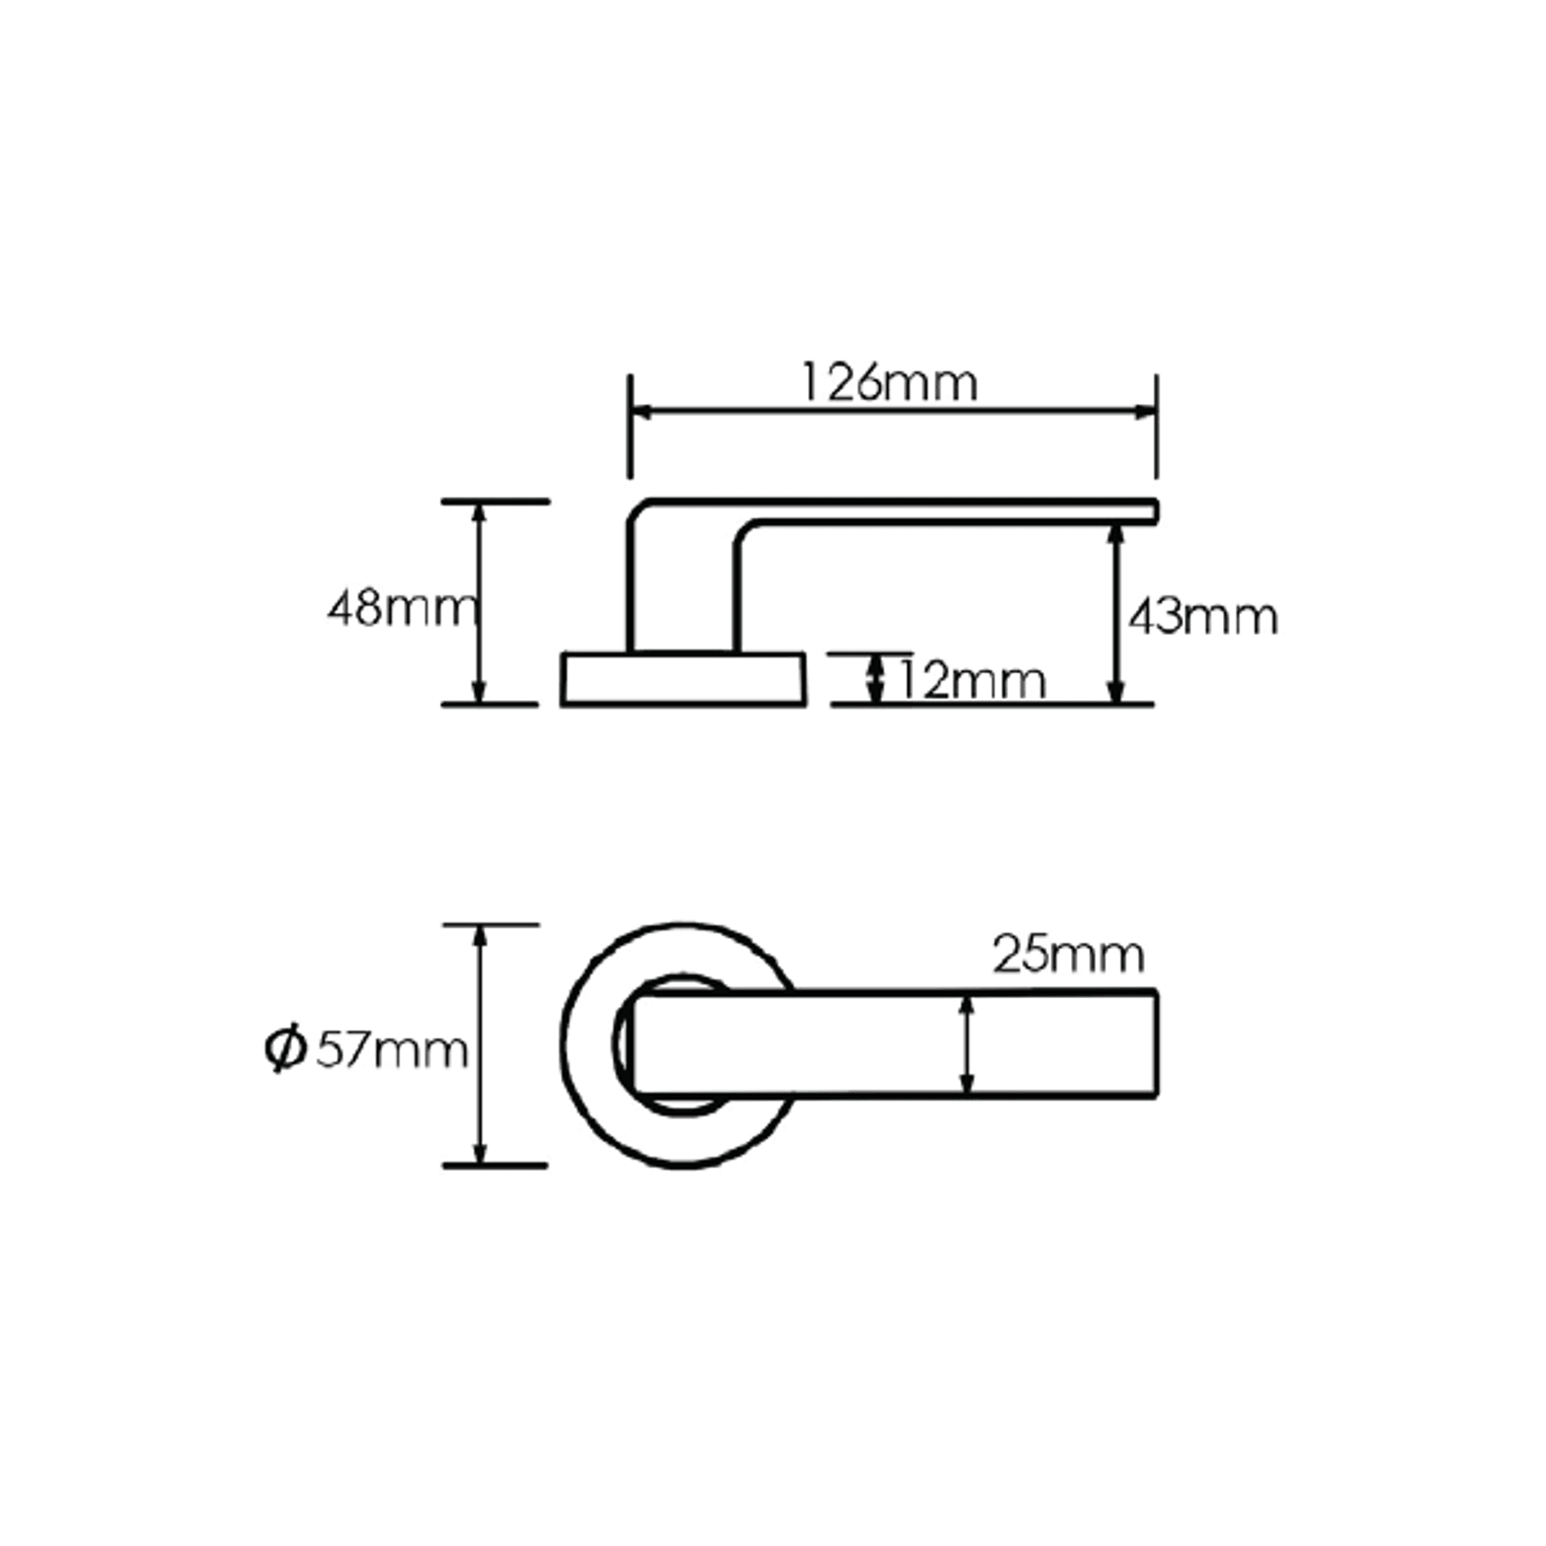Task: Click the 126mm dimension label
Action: (x=887, y=383)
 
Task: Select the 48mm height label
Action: (x=401, y=609)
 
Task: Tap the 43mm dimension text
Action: (x=1203, y=616)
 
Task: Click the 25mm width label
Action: (x=1068, y=955)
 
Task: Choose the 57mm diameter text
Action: (x=392, y=1050)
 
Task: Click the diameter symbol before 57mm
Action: (x=285, y=1049)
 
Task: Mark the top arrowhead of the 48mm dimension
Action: (x=478, y=513)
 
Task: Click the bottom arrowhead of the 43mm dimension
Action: (x=1115, y=694)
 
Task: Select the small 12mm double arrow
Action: (x=875, y=678)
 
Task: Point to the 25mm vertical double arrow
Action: (x=967, y=1044)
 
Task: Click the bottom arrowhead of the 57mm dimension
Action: (x=479, y=1154)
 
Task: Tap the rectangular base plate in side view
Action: (x=683, y=680)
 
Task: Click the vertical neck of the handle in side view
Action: (x=683, y=590)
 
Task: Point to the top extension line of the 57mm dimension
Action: (x=491, y=924)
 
